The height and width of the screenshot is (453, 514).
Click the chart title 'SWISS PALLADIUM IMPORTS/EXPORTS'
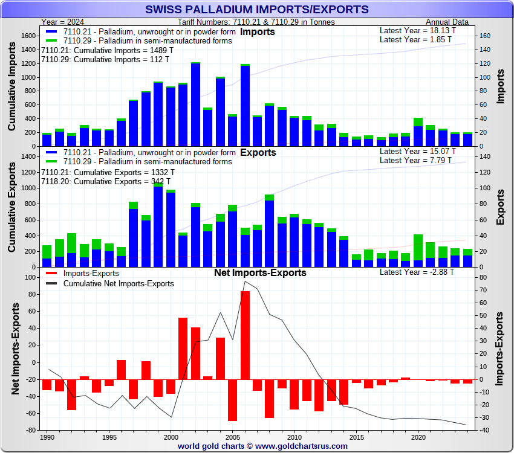coord(257,9)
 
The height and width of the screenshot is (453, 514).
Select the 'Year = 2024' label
coord(67,22)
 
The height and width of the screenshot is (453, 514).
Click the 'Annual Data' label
coord(447,22)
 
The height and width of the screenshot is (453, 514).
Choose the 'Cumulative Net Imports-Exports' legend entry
coord(119,283)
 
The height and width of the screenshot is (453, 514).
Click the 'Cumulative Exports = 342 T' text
coord(106,181)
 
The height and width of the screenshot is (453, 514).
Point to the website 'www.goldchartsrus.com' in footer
coord(302,446)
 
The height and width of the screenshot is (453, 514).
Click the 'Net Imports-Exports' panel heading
coord(260,272)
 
